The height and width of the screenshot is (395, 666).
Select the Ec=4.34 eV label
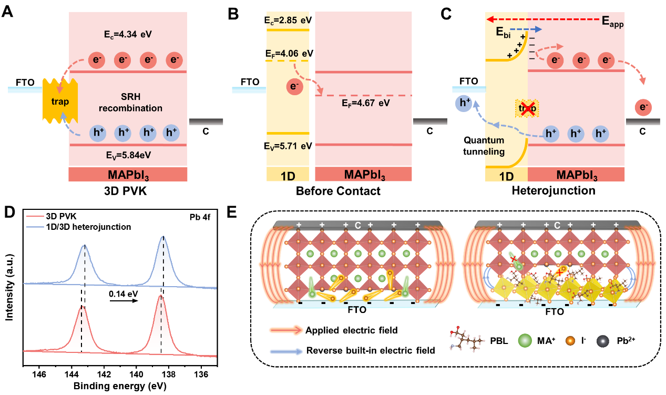[x=127, y=35]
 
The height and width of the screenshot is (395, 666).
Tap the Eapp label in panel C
[x=612, y=23]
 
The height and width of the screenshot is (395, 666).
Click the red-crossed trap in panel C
[x=526, y=108]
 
